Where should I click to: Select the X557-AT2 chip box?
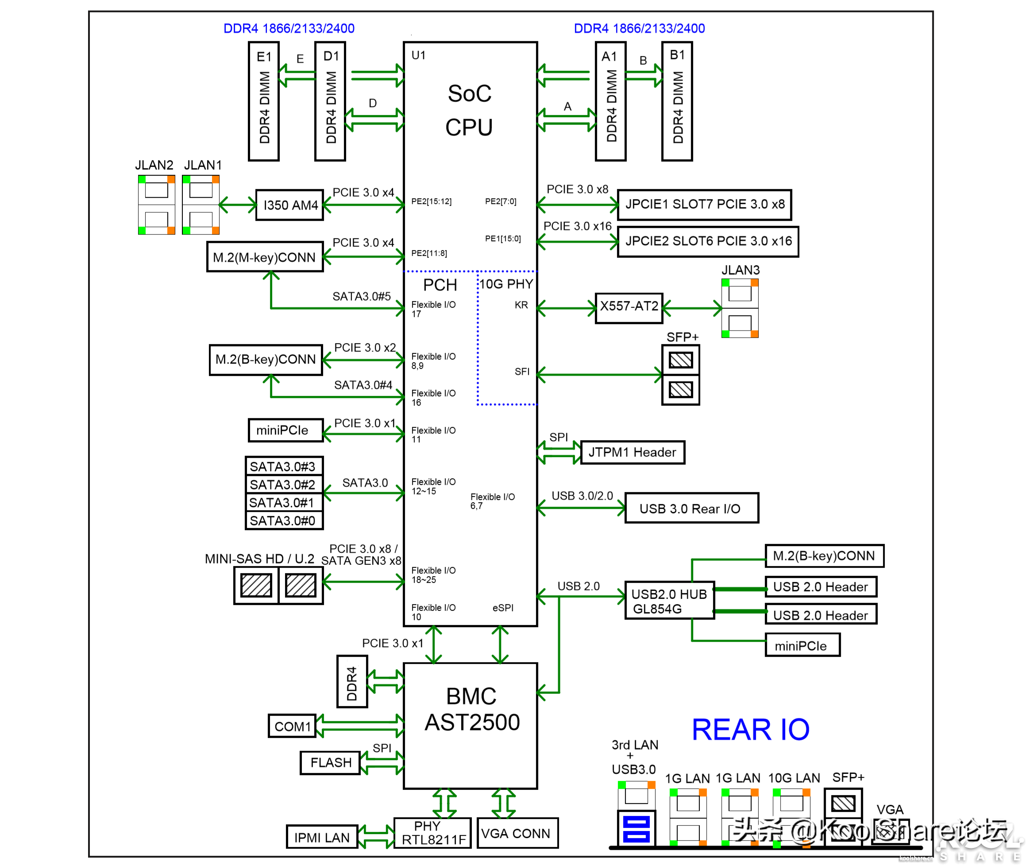tap(629, 307)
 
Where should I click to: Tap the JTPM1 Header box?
tap(633, 452)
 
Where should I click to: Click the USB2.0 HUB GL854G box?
tap(669, 601)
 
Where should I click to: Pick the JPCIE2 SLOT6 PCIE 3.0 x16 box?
tap(708, 241)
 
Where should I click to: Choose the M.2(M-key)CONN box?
tap(265, 257)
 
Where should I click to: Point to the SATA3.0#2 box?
tap(284, 484)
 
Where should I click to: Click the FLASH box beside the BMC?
tap(331, 762)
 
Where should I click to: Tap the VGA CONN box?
tap(517, 833)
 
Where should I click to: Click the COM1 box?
tap(292, 726)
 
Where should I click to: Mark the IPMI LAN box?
tap(322, 837)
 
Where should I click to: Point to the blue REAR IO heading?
tap(750, 729)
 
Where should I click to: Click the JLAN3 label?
tap(740, 270)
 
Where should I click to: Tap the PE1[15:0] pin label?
tap(502, 239)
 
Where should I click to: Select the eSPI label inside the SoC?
tap(503, 608)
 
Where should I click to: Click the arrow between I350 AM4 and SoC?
tap(363, 205)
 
